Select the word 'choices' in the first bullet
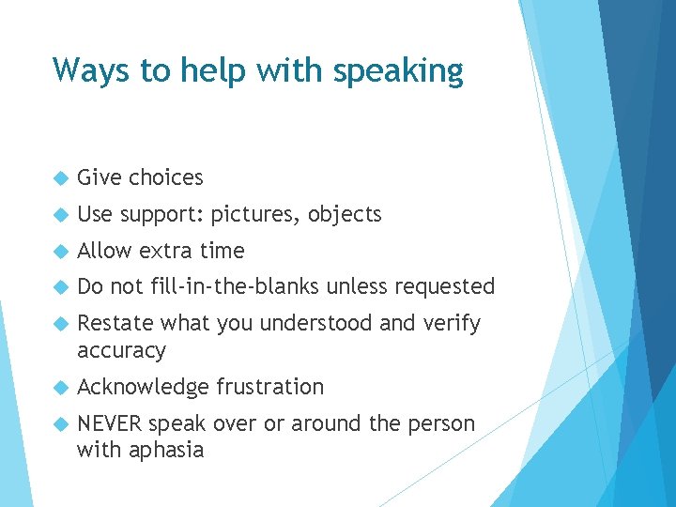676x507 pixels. pyautogui.click(x=166, y=177)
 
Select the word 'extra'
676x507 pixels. pyautogui.click(x=166, y=251)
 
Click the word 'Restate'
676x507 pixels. pyautogui.click(x=116, y=323)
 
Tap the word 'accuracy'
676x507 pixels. pyautogui.click(x=121, y=351)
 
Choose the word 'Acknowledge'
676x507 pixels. pyautogui.click(x=144, y=387)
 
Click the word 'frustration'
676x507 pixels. pyautogui.click(x=269, y=387)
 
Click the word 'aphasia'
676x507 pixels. pyautogui.click(x=166, y=450)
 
